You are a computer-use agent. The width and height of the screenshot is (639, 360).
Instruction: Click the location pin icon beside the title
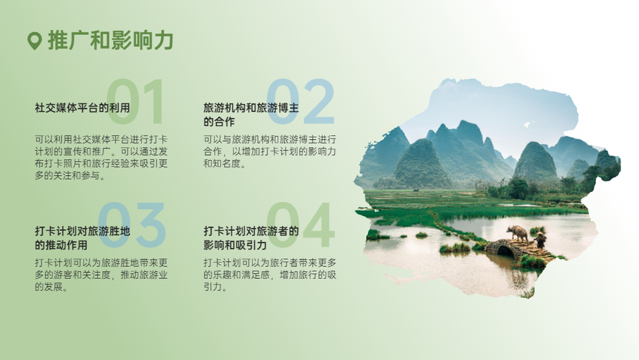point(35,41)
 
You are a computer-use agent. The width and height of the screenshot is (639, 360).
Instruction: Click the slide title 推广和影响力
point(111,40)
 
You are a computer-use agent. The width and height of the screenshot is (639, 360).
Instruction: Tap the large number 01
point(135,102)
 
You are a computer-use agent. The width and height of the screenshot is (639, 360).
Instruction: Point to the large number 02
point(300,102)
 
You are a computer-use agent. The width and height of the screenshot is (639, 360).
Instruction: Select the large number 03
point(131,224)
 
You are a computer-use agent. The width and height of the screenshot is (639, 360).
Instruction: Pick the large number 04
point(300,224)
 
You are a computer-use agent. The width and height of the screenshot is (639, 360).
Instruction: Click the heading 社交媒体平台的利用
point(82,108)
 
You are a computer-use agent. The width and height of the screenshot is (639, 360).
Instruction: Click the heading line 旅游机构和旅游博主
point(251,108)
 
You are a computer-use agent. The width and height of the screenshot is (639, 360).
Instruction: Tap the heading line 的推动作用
point(61,245)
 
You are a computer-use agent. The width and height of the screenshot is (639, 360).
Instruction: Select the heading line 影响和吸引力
point(235,245)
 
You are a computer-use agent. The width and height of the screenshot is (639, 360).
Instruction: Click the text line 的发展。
point(51,287)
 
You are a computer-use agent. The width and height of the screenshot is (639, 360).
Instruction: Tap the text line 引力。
point(215,287)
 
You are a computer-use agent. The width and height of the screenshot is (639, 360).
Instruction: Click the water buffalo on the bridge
point(518,233)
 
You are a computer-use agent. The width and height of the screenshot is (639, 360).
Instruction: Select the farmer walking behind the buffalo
point(541,239)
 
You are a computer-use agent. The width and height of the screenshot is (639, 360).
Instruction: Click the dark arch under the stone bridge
point(505,250)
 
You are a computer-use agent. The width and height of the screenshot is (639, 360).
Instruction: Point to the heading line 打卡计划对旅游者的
point(251,231)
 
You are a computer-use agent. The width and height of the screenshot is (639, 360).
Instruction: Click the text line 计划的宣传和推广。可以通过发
point(101,152)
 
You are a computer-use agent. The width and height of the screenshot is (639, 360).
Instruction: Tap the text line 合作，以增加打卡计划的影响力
point(270,152)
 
